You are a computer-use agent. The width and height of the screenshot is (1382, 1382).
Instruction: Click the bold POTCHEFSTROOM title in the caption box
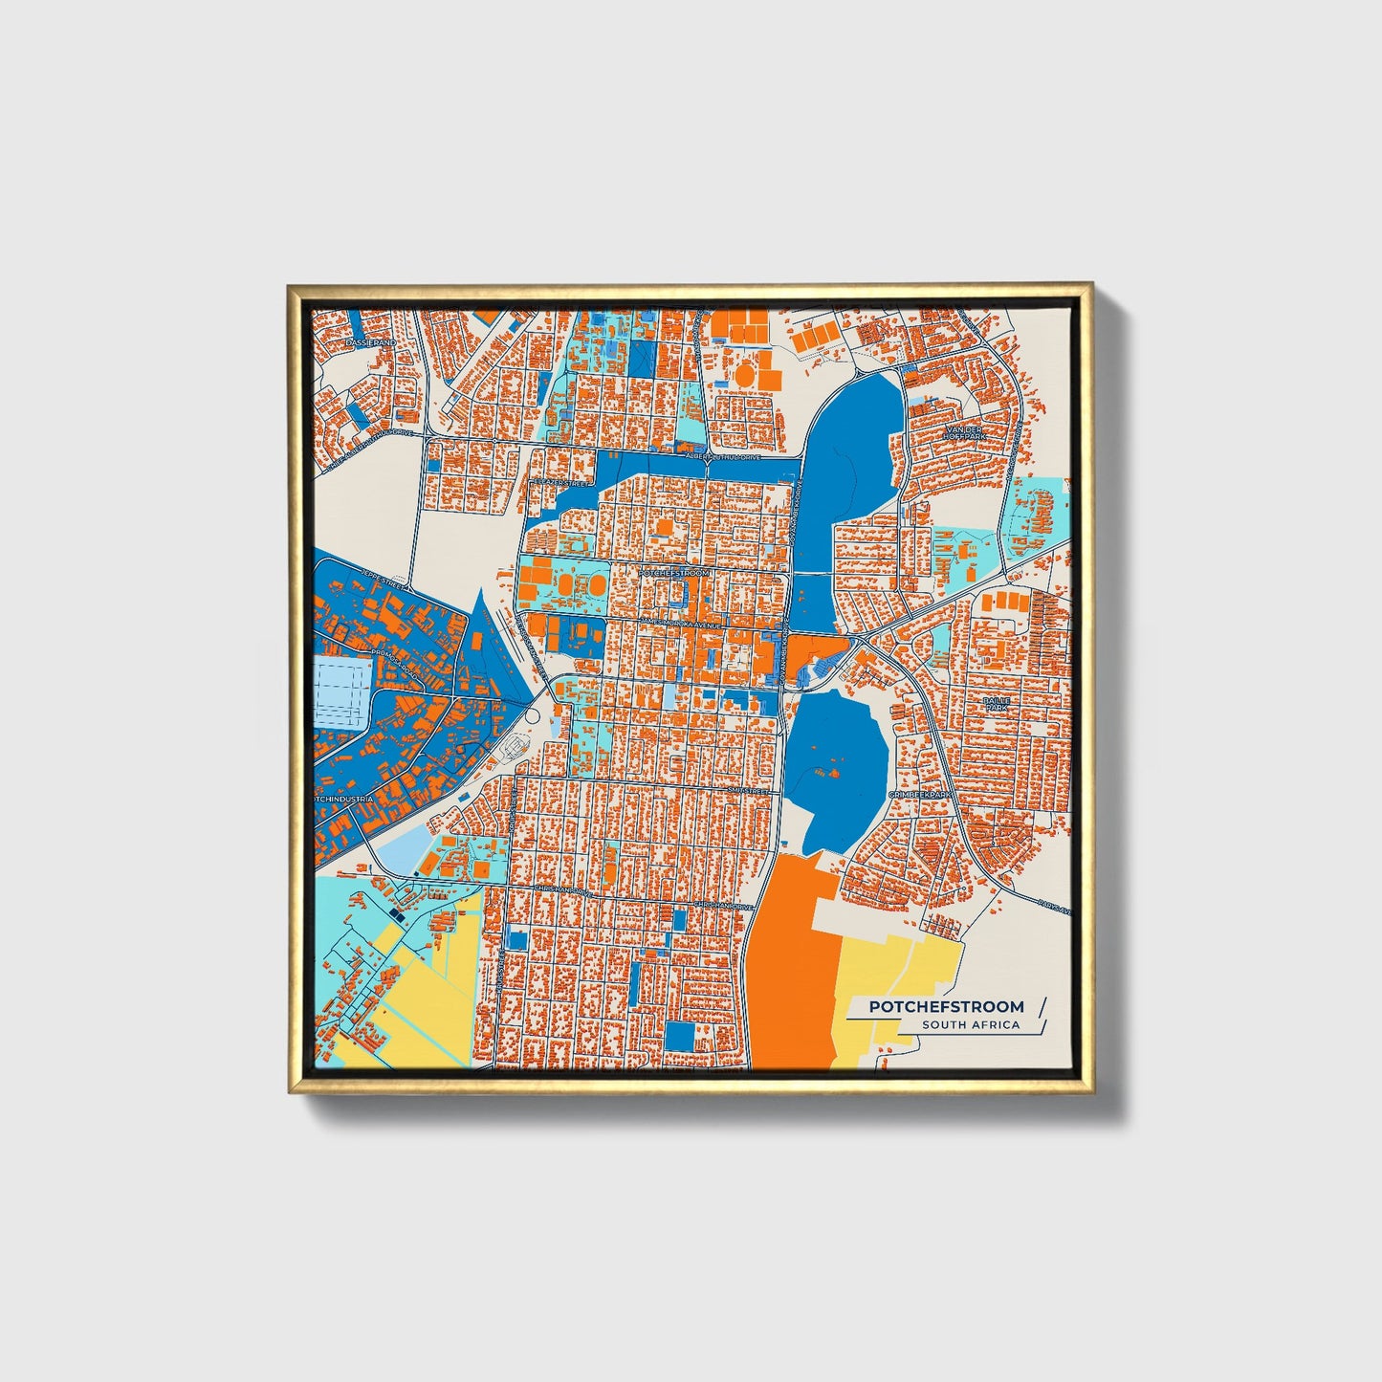[946, 1006]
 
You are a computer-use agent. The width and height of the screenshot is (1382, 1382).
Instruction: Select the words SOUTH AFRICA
[971, 1025]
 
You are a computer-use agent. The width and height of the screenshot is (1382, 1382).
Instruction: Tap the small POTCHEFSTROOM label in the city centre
[674, 572]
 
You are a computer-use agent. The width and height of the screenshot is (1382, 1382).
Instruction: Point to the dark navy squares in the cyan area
[397, 918]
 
